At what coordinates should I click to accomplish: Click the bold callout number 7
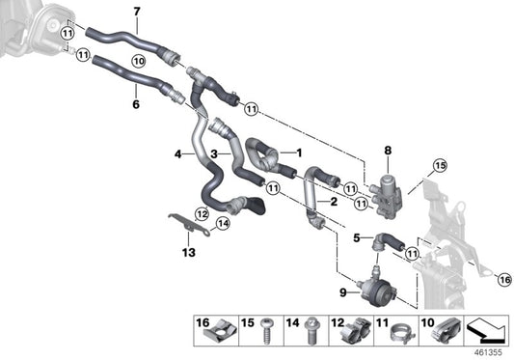pos(136,12)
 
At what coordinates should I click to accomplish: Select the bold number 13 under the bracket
pos(188,253)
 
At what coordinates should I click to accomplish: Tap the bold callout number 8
pos(388,150)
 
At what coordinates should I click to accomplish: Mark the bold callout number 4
pos(177,153)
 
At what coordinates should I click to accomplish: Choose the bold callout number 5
pos(356,236)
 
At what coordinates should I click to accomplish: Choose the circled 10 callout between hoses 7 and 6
pos(138,60)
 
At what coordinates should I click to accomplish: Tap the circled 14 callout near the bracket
pos(223,224)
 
